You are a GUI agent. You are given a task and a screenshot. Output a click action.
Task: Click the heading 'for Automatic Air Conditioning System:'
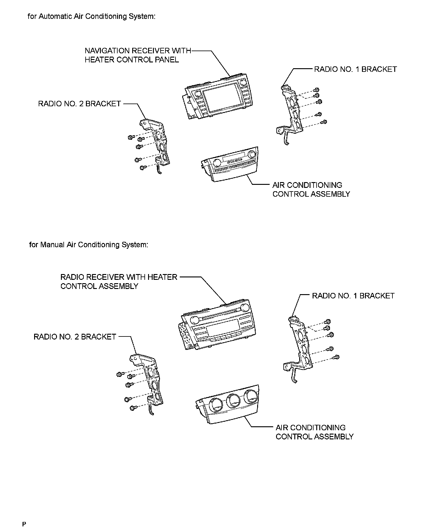(x=91, y=16)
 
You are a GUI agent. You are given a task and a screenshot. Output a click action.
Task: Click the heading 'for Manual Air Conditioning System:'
(x=89, y=245)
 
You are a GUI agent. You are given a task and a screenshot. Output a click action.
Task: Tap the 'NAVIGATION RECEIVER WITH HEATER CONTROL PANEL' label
(x=138, y=55)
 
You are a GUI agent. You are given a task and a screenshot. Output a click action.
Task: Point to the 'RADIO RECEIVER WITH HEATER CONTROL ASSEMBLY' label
(x=119, y=282)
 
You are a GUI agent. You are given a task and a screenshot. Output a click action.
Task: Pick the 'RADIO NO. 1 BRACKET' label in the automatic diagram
(x=355, y=69)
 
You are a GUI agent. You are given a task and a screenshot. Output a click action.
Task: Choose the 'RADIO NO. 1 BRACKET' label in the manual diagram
(x=353, y=296)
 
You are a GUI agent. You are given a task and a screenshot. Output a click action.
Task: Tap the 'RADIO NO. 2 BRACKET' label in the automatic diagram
(x=80, y=104)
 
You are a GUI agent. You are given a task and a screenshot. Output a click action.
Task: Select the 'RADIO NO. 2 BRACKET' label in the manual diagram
(x=75, y=337)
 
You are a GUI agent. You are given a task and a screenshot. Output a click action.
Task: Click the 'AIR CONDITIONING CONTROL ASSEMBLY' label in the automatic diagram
(x=311, y=189)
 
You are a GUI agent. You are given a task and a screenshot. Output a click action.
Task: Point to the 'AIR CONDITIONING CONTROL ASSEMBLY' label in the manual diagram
(x=314, y=432)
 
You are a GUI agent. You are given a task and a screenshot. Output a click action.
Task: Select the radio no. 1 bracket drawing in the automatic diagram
(x=291, y=113)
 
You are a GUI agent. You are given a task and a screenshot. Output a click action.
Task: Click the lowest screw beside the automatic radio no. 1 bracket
(x=324, y=122)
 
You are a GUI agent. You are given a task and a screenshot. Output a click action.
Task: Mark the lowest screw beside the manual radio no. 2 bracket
(x=132, y=408)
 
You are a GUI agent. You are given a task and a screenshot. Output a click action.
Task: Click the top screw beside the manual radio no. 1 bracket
(x=328, y=321)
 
